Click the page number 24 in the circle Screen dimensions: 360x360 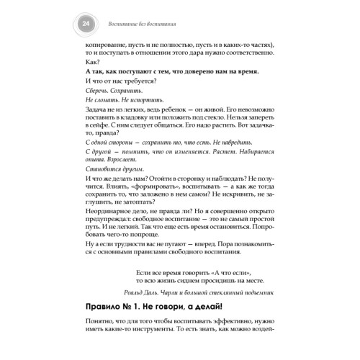click(x=87, y=27)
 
